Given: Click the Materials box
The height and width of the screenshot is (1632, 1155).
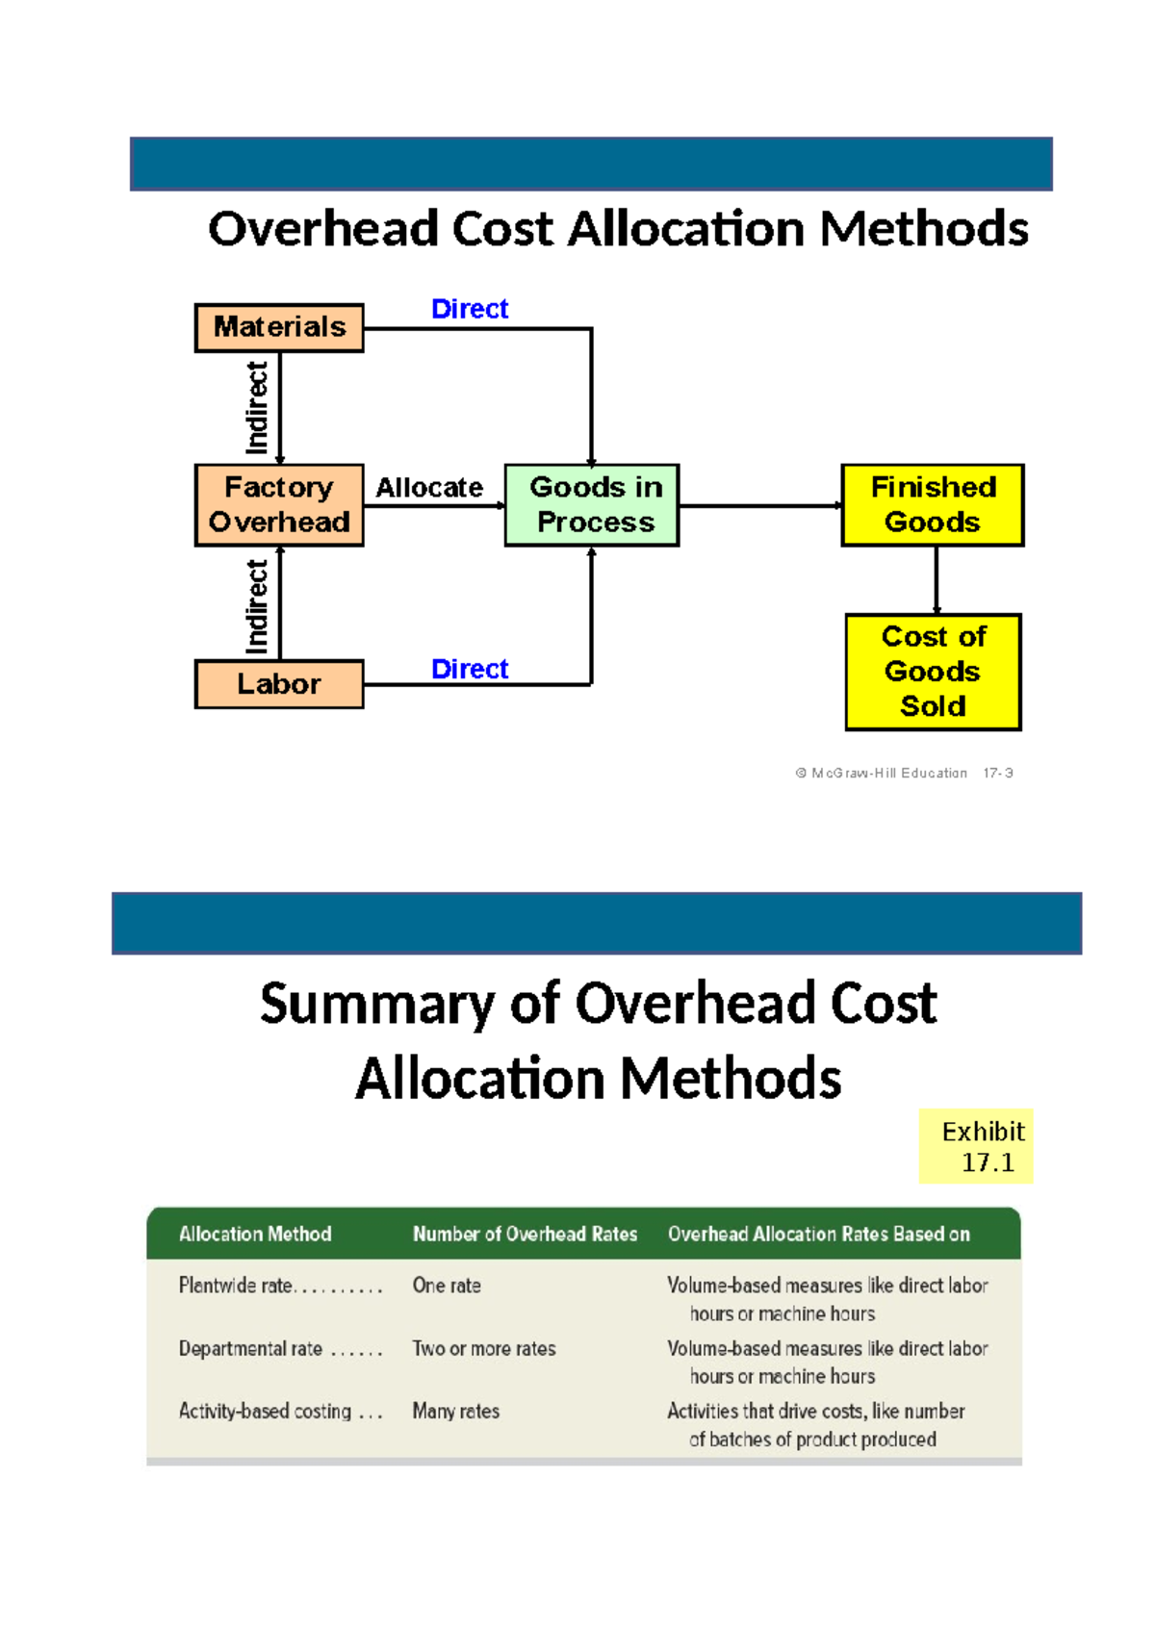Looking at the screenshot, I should pos(279,328).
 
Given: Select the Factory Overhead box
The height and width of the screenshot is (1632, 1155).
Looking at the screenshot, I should pos(279,505).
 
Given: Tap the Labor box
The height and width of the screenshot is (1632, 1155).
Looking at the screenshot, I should pos(279,684).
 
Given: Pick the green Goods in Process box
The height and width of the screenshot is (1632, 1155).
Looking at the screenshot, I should pos(592,505).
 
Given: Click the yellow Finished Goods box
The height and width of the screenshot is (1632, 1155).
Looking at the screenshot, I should pos(933,505).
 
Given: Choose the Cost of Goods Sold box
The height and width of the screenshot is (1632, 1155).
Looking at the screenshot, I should pos(933,672).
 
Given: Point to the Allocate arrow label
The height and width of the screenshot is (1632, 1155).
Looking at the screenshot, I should pos(429,488).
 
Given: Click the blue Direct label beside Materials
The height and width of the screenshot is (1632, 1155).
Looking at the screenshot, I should pos(470,309).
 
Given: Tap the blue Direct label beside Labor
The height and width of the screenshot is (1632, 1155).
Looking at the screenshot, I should pos(470,669).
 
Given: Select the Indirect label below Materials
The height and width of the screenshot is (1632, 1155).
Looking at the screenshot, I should pos(257,407).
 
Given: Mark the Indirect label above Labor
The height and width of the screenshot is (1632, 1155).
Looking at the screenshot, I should pos(257,606).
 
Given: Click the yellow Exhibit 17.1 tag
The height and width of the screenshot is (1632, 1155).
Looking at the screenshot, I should pos(976,1146).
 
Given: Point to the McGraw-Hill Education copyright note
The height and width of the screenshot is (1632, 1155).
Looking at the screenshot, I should pos(903,773).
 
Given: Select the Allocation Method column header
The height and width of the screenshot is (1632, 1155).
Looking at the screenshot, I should pos(255,1234).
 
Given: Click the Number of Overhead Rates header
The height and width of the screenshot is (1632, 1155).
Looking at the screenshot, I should pos(525,1234).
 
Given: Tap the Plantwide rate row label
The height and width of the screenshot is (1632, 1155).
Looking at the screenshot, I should pos(237,1286).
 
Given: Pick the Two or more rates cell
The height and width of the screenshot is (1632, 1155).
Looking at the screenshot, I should pos(484,1349).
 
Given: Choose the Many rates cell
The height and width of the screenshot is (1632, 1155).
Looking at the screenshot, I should pos(456,1412).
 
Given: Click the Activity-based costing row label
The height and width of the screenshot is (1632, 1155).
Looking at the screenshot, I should pos(266,1412).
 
